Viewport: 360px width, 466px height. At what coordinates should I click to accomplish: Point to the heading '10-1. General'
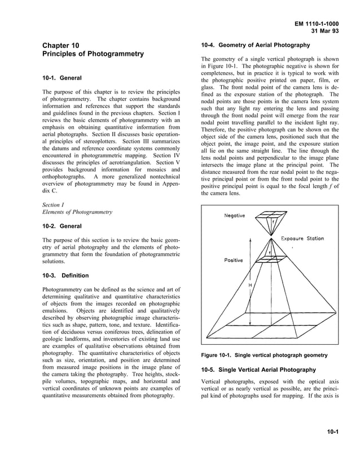(x=62, y=78)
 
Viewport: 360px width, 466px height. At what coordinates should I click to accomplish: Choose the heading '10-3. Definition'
(x=65, y=275)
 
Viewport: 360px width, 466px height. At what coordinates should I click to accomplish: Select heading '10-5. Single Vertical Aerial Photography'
(x=258, y=370)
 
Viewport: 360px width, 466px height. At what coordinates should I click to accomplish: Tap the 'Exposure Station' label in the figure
(x=302, y=239)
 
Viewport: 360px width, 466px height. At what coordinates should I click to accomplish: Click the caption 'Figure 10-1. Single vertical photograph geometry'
(x=264, y=355)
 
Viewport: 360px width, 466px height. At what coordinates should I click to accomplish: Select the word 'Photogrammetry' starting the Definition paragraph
(x=63, y=289)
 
